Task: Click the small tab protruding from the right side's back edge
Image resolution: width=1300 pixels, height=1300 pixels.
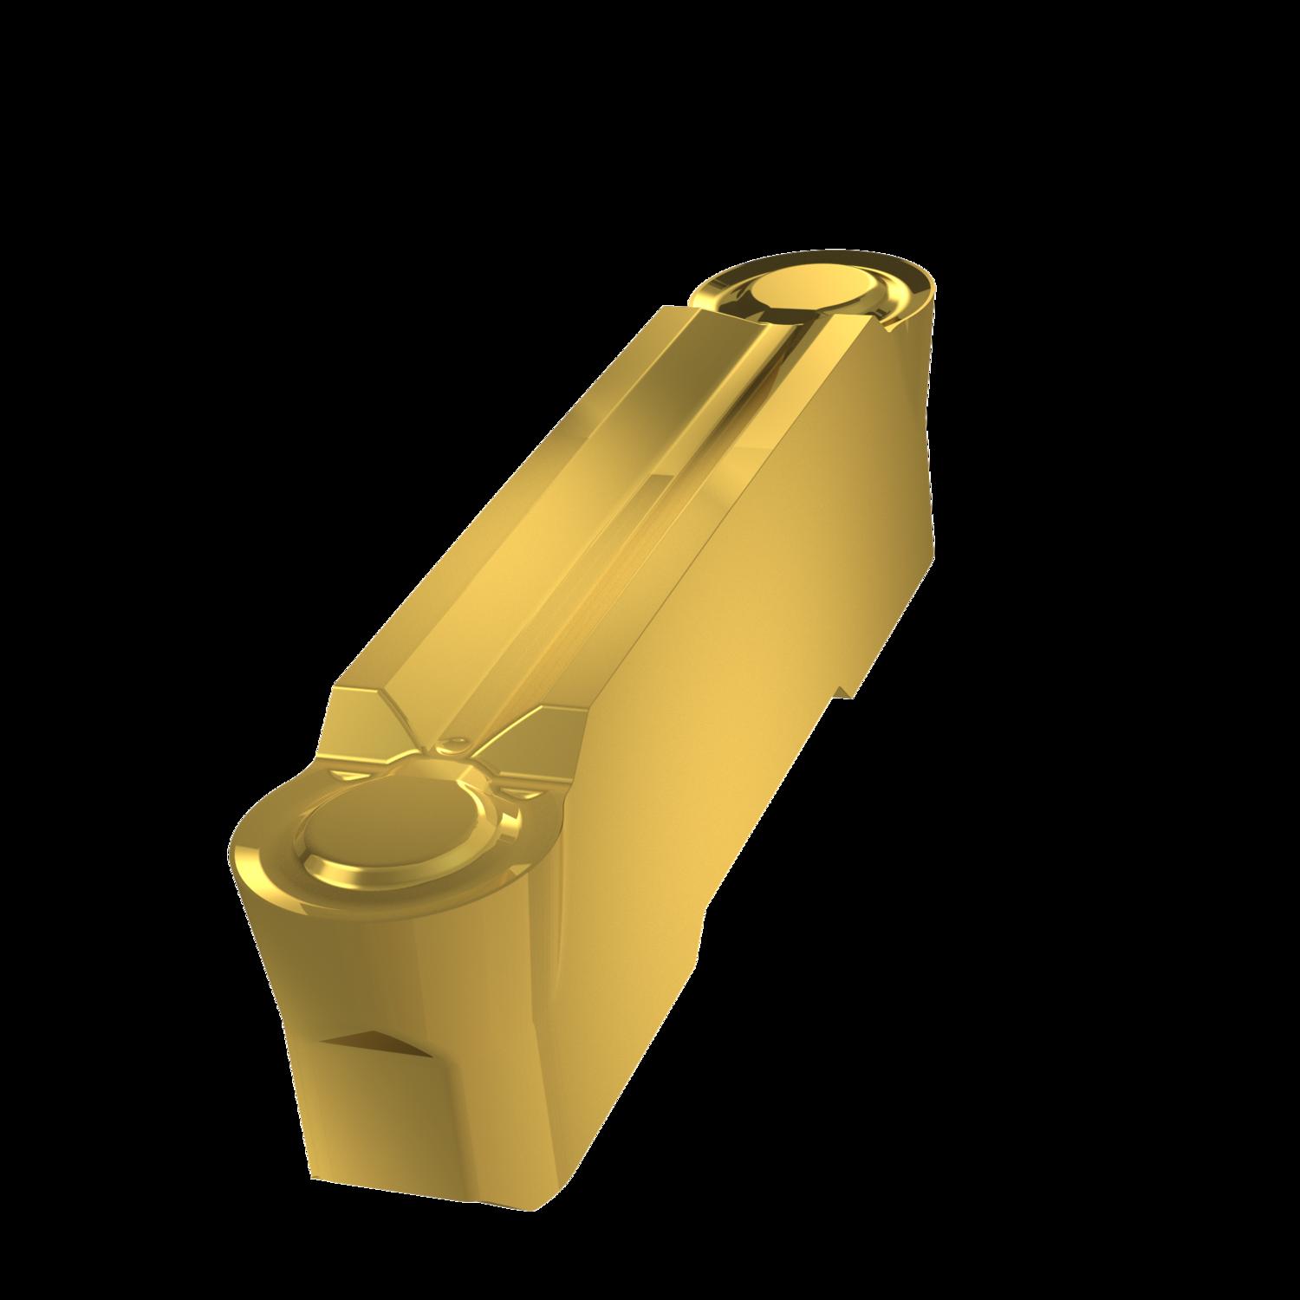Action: pyautogui.click(x=848, y=685)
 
